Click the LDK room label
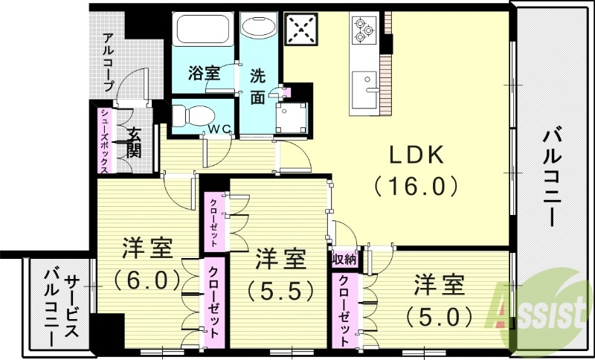click(416, 155)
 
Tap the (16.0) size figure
click(416, 185)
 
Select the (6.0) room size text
click(148, 280)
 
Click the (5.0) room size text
click(439, 315)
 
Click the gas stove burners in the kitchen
click(362, 28)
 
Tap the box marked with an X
click(301, 32)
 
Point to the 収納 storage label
click(344, 259)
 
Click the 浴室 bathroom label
click(204, 74)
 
